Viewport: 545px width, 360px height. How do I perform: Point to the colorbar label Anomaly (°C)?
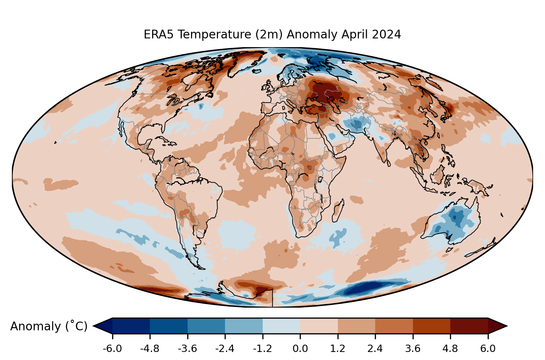click(x=49, y=326)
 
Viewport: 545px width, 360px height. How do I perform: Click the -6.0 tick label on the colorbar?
click(x=112, y=348)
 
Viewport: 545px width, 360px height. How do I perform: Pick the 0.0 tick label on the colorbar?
click(x=300, y=348)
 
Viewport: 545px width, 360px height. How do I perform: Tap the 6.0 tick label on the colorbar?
click(x=488, y=348)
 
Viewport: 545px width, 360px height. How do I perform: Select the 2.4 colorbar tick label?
click(x=375, y=348)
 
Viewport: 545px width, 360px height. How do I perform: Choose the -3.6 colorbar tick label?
click(x=188, y=348)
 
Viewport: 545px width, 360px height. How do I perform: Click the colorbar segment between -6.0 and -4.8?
click(x=131, y=326)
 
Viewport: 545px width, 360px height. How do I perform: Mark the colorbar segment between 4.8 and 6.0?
click(x=469, y=326)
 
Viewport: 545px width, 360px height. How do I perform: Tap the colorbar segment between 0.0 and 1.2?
click(x=319, y=326)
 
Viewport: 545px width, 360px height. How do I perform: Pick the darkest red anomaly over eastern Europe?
click(x=325, y=91)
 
